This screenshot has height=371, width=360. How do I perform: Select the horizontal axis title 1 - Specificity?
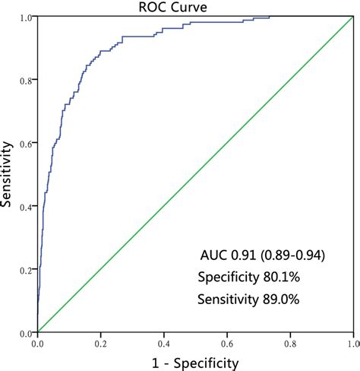194,363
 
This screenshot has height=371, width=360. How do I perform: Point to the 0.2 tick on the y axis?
27,270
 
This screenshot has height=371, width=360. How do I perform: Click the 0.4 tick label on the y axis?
27,207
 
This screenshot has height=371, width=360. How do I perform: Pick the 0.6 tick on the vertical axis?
27,143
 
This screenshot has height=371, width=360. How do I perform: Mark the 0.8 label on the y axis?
27,80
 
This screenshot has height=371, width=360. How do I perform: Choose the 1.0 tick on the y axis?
27,17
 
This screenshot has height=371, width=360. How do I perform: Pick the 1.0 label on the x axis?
352,343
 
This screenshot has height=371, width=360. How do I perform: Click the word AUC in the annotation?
213,255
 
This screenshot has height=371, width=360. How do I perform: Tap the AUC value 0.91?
242,255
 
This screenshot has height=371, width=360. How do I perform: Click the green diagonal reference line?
228,143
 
